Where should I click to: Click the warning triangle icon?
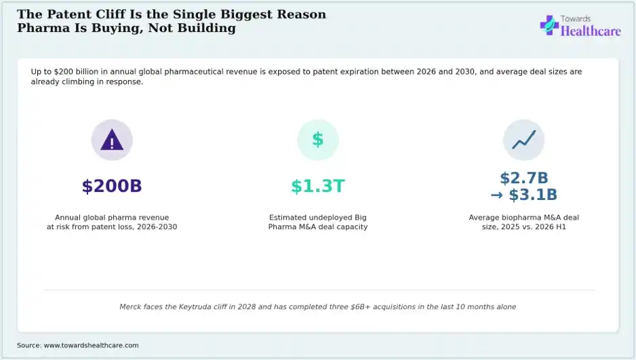(x=112, y=140)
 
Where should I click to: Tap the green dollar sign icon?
(x=318, y=140)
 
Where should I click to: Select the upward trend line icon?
(x=523, y=140)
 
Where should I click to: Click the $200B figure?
(x=112, y=186)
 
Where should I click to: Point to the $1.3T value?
(x=318, y=186)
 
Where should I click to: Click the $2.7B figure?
(x=524, y=178)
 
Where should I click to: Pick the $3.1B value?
(x=533, y=195)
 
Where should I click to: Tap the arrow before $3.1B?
(x=497, y=195)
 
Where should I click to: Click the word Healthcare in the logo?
(x=591, y=31)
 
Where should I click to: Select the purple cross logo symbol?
(x=549, y=25)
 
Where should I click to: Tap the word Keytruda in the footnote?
(x=195, y=307)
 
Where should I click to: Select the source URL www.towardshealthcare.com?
(x=92, y=345)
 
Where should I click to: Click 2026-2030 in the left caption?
(x=157, y=226)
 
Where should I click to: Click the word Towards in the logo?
(x=576, y=19)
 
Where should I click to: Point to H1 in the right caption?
(x=561, y=226)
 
